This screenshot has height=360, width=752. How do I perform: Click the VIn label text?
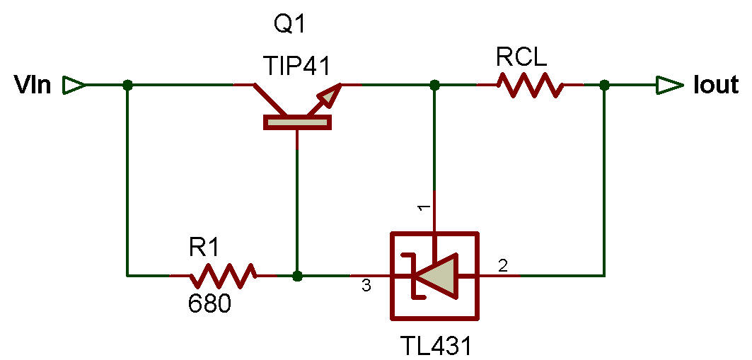click(33, 86)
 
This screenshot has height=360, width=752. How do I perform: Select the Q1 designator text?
click(289, 26)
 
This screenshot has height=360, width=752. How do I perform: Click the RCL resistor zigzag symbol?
click(530, 86)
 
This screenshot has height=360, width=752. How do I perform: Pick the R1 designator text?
click(205, 248)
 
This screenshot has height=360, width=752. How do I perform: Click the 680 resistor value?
click(209, 304)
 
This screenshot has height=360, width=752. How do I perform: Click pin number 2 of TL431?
click(503, 266)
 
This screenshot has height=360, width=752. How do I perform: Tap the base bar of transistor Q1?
click(297, 122)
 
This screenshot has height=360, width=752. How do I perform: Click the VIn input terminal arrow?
click(74, 86)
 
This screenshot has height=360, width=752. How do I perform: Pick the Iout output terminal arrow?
click(667, 86)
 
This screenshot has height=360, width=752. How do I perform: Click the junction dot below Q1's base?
click(297, 274)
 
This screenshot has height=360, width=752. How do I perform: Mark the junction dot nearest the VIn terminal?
click(127, 86)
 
